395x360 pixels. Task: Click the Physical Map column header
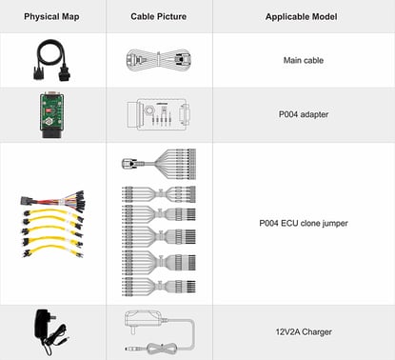[x=51, y=16]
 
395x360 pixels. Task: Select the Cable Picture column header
[x=157, y=16]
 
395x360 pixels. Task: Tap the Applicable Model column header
[x=302, y=16]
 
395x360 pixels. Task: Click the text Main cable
[x=303, y=60]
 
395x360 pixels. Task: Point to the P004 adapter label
[x=303, y=114]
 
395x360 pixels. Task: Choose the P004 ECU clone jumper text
[x=303, y=225]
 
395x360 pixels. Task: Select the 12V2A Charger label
[x=303, y=332]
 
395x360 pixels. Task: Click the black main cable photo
[x=51, y=60]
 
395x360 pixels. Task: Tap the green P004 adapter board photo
[x=51, y=114]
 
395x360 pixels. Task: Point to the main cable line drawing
[x=158, y=60]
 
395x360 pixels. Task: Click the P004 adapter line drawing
[x=158, y=114]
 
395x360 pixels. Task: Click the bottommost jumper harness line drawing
[x=158, y=283]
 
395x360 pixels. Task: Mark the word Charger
[x=320, y=332]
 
